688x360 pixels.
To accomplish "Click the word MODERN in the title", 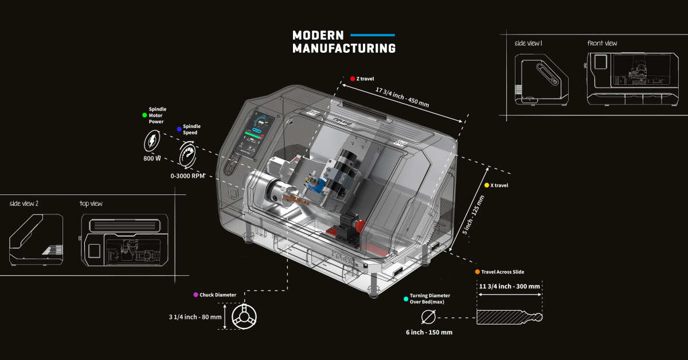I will click(318, 35).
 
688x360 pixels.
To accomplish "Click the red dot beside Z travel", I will click(353, 79).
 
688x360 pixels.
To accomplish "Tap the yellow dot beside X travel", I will click(487, 185).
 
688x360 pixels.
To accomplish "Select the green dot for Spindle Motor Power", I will click(144, 115).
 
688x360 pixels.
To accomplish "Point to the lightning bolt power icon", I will click(152, 140).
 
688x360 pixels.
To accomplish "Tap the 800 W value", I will click(152, 159).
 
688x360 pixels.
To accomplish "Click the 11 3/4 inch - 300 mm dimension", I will click(510, 286).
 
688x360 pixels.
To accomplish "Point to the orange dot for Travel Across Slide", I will click(477, 272).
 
